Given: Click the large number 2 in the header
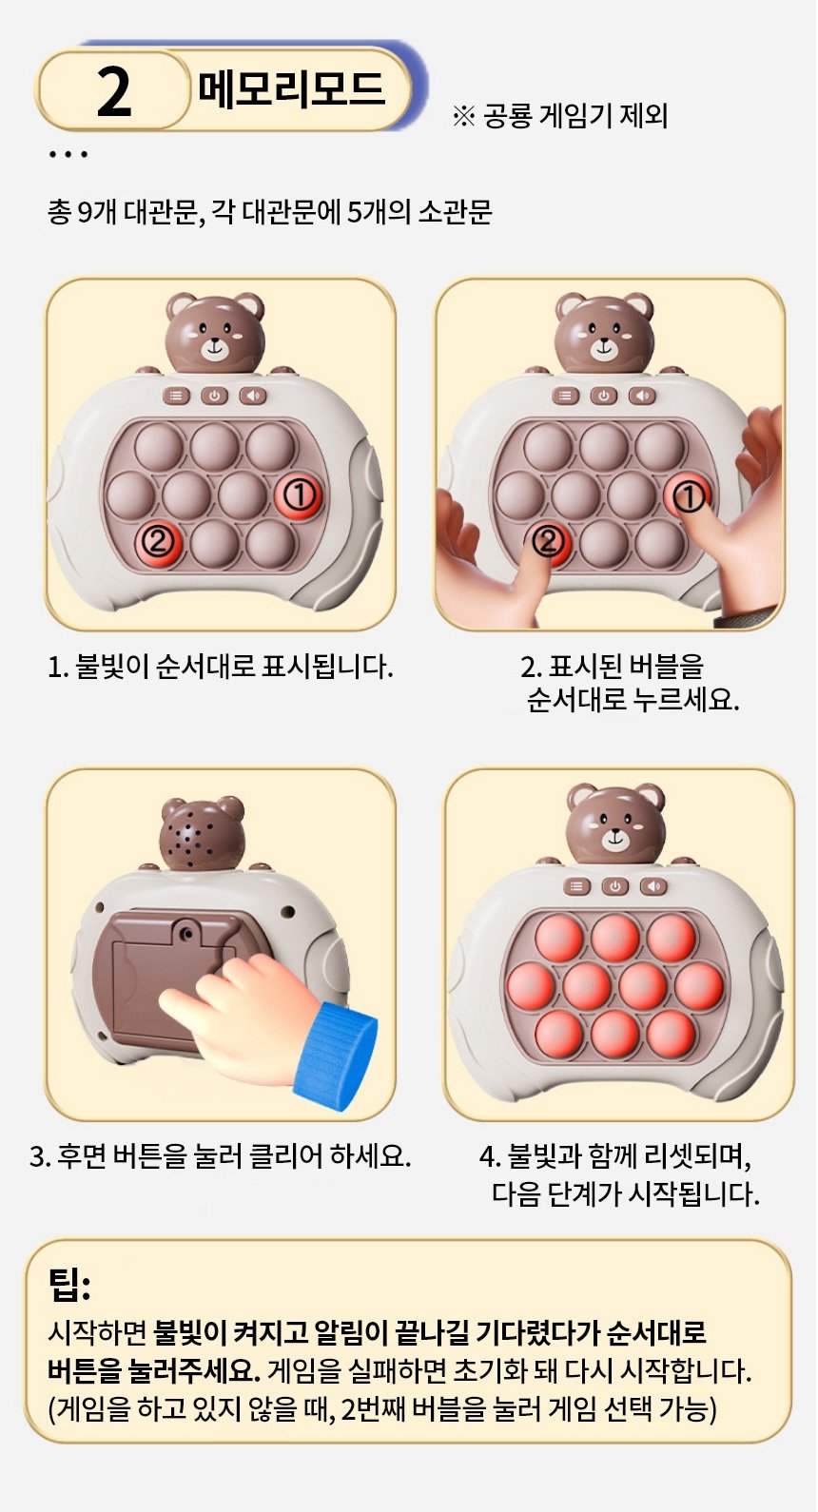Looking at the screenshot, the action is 114,92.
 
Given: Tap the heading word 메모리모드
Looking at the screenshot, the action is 292,89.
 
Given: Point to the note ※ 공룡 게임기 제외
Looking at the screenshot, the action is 559,116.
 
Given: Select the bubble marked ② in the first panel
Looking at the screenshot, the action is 157,541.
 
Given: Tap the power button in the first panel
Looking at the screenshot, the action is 214,397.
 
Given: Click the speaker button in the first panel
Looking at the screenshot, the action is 253,397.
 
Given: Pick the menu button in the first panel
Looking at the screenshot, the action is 176,397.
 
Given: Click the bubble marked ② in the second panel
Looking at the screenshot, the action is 548,541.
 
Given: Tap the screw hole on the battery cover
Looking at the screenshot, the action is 187,934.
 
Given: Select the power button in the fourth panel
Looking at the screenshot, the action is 614,886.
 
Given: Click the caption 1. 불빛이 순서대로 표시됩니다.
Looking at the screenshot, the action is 220,667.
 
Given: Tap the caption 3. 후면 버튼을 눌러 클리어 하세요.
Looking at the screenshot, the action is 220,1155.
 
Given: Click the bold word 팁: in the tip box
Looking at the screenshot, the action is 68,1286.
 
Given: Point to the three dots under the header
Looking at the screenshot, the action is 68,155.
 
